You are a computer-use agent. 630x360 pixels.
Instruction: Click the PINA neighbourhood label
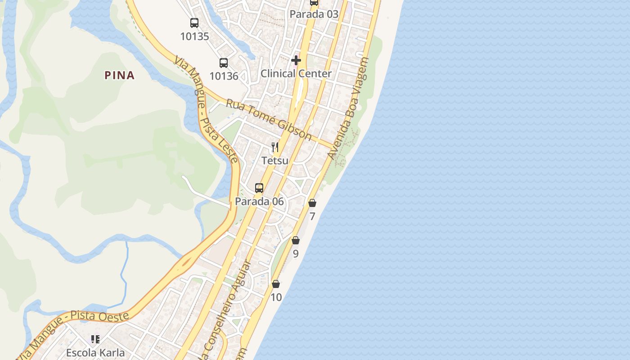click(120, 75)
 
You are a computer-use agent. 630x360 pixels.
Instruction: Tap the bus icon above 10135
click(194, 23)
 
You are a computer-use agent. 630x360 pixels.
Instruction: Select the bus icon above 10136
click(224, 63)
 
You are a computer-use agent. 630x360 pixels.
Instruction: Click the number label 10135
click(194, 36)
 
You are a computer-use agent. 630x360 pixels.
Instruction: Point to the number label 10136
click(224, 76)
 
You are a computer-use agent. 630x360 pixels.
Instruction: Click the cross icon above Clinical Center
click(296, 60)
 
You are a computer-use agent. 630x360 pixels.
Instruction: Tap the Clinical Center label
click(296, 73)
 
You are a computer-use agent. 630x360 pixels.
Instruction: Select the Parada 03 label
click(314, 14)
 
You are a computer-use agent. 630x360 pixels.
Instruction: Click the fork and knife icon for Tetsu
click(275, 147)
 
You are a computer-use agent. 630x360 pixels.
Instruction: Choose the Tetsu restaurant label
click(275, 160)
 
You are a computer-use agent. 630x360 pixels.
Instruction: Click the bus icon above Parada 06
click(259, 188)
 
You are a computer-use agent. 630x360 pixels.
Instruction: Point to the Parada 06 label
click(260, 201)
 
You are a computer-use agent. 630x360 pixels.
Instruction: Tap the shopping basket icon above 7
click(312, 203)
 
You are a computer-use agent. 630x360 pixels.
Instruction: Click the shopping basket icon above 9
click(296, 241)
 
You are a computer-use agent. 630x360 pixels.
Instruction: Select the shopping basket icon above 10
click(276, 284)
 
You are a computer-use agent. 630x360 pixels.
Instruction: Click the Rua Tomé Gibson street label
click(269, 119)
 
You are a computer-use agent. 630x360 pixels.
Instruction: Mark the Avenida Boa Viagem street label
click(349, 108)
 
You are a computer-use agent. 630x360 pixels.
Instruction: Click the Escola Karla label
click(95, 352)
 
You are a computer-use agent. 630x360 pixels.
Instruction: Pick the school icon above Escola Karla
click(95, 339)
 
